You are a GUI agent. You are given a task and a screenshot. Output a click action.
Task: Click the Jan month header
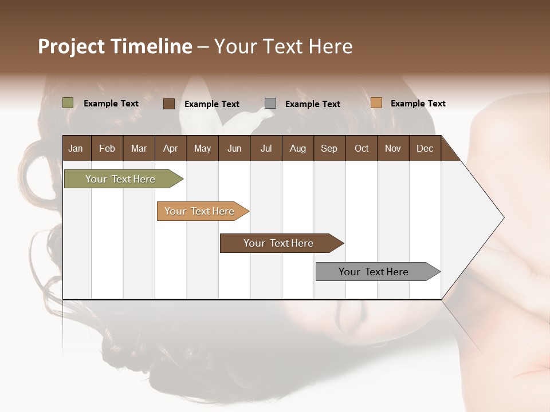pos(76,148)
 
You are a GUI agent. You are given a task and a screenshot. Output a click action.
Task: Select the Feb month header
pos(107,148)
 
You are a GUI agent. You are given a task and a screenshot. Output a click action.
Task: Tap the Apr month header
pos(170,148)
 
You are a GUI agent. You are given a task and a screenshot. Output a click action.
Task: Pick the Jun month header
pos(234,148)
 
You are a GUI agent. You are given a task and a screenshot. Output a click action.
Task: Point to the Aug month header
pos(297,148)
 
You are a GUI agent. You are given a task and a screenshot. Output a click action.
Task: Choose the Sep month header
pos(329,148)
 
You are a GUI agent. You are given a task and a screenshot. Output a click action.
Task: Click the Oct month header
pos(362,148)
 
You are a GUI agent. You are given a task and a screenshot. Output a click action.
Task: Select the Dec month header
pos(425,148)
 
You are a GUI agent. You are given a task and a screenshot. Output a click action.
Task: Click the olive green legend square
pos(68,103)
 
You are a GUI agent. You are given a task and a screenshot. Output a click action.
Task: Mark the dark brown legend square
pos(169,104)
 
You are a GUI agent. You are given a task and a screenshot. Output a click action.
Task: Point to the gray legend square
pos(270,104)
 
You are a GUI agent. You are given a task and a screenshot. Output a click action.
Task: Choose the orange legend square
pos(376,103)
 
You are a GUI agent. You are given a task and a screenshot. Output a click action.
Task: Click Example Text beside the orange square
pos(418,104)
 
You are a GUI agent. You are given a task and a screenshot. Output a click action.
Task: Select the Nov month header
pos(393,148)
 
